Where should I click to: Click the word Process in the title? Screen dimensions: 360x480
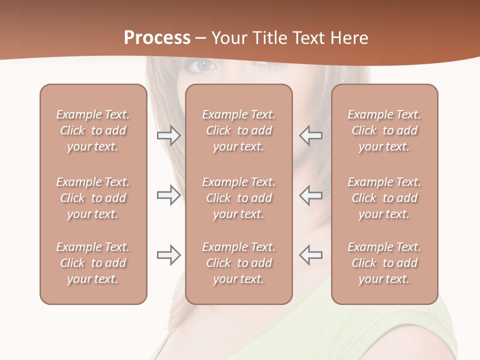coord(157,38)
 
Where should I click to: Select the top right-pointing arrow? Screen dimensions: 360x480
coord(169,135)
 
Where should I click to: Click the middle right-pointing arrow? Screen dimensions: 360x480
coord(169,195)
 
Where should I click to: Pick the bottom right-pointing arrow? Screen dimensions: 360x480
coord(169,255)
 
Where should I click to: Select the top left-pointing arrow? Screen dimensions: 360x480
coord(310,135)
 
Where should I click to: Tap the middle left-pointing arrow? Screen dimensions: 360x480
coord(310,195)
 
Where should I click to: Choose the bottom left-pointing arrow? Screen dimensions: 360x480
coord(310,255)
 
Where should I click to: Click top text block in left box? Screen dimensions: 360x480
coord(93,130)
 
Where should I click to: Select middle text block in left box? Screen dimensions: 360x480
coord(93,198)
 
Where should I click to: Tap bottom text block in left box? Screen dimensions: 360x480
coord(93,263)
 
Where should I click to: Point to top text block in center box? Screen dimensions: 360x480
coord(239,130)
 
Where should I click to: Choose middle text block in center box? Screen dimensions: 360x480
coord(239,198)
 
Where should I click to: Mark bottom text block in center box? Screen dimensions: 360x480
coord(239,263)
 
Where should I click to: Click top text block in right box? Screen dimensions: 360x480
coord(384,130)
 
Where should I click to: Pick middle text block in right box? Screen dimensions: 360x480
coord(384,198)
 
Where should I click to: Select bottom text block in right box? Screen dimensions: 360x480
coord(384,263)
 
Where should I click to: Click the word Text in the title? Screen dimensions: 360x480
coord(307,38)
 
